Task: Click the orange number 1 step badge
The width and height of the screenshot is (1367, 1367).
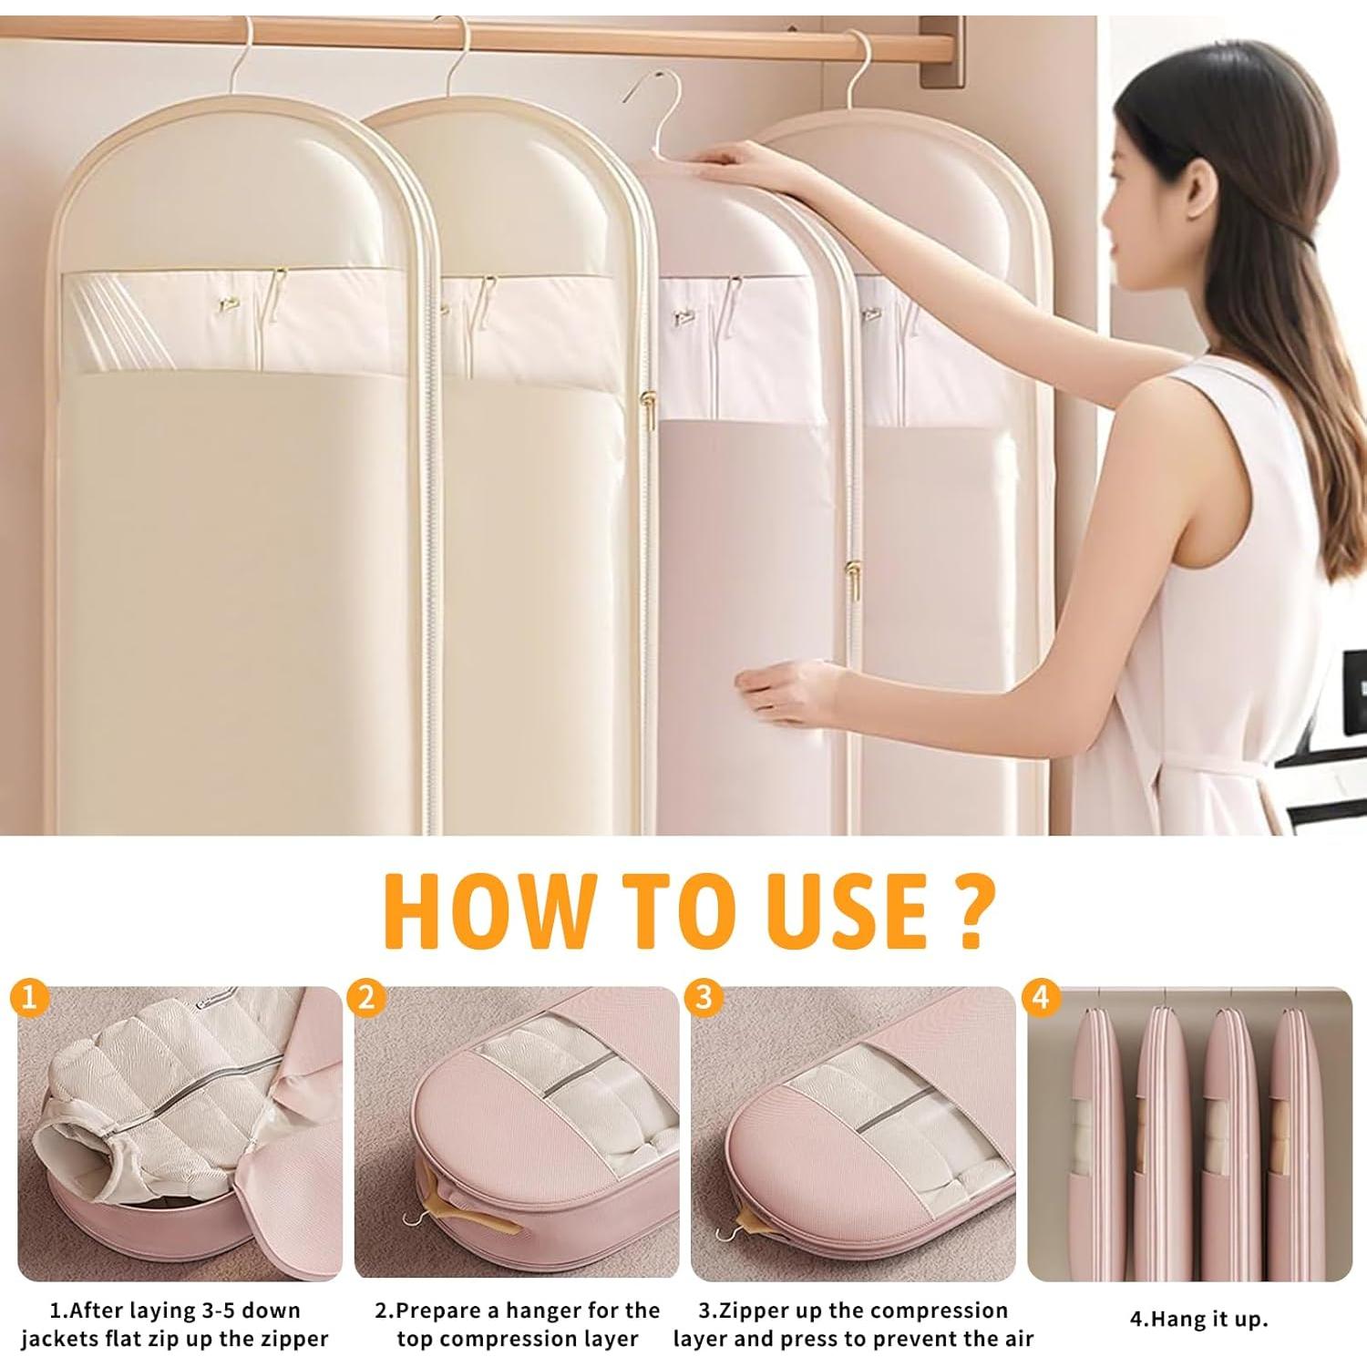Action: [x=30, y=999]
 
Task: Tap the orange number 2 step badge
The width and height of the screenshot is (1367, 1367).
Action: [x=366, y=999]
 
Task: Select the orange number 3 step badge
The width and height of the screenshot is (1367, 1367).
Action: [x=703, y=999]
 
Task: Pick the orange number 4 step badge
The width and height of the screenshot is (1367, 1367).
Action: [x=1041, y=999]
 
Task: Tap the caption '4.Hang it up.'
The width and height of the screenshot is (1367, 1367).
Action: [x=1198, y=1319]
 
